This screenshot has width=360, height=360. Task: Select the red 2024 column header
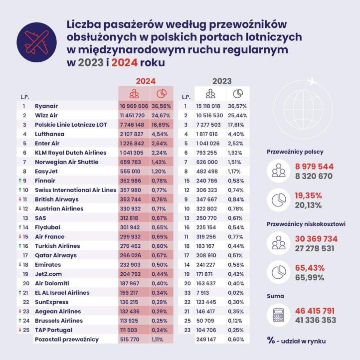[146, 81]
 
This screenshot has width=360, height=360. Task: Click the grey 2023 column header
[222, 81]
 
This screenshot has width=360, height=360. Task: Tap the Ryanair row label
[46, 106]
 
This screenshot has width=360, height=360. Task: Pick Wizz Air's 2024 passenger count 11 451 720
[134, 115]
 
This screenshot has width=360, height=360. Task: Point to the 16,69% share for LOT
[162, 125]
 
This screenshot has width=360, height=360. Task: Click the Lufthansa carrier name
[50, 134]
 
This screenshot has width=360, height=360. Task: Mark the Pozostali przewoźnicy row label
[67, 339]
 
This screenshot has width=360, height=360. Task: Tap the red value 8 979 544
[315, 167]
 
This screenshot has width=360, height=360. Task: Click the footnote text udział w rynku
[302, 341]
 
